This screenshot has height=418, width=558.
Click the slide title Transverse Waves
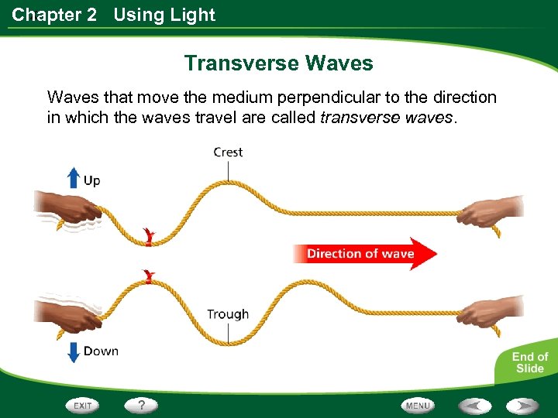(x=278, y=63)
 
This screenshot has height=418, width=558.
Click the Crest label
(x=228, y=152)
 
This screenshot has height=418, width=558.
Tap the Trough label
(x=228, y=314)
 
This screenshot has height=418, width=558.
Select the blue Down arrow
(x=73, y=351)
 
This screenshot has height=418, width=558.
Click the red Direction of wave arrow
(x=364, y=254)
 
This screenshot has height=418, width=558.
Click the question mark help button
(x=141, y=405)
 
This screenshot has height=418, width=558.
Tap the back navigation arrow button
(x=474, y=405)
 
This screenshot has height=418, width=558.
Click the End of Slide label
(x=529, y=362)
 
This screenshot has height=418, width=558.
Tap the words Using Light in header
(x=164, y=15)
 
